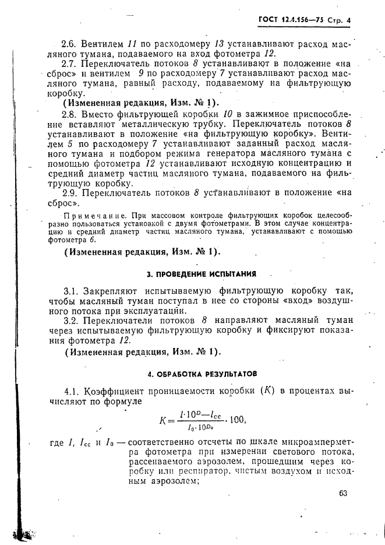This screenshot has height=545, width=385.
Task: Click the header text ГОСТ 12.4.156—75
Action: (x=294, y=21)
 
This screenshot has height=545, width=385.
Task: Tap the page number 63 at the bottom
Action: (x=342, y=493)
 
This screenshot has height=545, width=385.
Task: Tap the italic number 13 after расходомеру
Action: (x=220, y=44)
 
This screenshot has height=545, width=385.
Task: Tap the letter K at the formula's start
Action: (x=163, y=420)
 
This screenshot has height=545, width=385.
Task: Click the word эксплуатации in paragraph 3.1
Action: (x=156, y=311)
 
